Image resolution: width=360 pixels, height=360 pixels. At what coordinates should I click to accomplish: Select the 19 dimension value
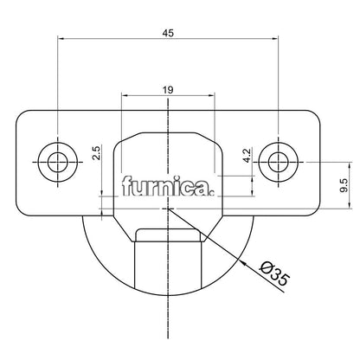tap(168, 89)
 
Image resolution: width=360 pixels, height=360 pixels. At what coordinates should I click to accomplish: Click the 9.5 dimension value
tap(344, 183)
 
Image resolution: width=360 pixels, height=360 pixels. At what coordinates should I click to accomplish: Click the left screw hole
tap(58, 161)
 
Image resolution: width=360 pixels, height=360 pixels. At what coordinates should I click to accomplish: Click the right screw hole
tap(279, 161)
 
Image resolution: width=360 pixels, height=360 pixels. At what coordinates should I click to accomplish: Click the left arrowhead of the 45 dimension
tap(61, 38)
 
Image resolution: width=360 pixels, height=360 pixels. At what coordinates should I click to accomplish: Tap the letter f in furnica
tap(127, 186)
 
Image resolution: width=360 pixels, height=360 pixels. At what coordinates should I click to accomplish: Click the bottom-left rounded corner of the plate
tap(22, 208)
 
